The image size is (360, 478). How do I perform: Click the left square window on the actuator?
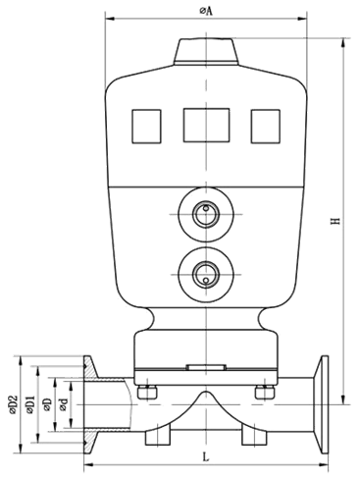tap(146, 124)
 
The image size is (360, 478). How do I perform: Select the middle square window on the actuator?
tap(205, 124)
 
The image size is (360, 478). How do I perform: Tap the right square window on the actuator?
tap(265, 124)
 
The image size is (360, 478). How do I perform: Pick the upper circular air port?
tap(205, 213)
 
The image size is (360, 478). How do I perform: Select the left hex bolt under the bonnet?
tap(149, 394)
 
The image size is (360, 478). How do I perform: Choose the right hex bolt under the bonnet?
tap(262, 394)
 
